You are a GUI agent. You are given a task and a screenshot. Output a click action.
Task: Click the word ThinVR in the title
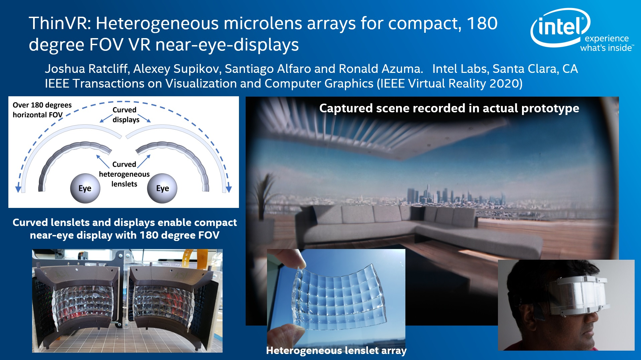(x=59, y=23)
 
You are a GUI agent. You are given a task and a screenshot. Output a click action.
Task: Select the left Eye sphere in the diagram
(x=85, y=188)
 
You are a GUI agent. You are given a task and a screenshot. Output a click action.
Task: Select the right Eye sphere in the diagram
(x=162, y=188)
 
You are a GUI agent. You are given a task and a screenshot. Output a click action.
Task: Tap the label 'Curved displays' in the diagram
(x=126, y=115)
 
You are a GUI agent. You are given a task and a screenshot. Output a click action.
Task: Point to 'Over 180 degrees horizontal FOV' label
(x=42, y=110)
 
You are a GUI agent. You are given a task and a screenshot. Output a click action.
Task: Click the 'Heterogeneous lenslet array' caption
(x=336, y=350)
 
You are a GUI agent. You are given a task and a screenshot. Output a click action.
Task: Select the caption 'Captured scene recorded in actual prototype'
(x=449, y=108)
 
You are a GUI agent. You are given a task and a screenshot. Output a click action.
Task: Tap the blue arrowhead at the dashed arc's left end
(x=18, y=189)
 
